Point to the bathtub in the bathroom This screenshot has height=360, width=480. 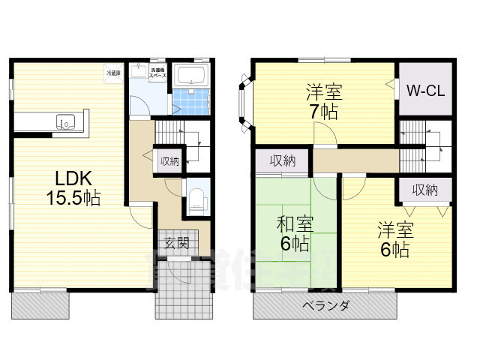tap(192, 76)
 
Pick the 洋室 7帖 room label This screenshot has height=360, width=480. tap(324, 103)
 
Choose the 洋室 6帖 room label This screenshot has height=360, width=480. tap(394, 238)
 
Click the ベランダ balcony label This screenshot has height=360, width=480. tap(325, 306)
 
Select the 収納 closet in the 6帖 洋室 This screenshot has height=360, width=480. tap(424, 190)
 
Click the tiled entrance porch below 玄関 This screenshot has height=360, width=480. tap(184, 289)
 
